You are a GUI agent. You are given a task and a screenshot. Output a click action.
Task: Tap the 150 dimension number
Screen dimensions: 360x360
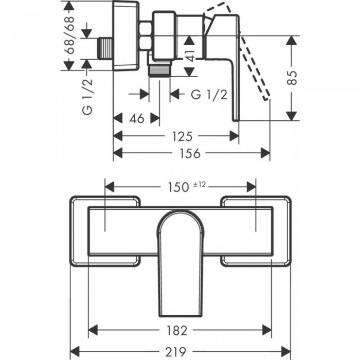coord(178,186)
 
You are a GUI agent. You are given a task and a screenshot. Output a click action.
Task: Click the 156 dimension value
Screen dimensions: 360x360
coord(191,153)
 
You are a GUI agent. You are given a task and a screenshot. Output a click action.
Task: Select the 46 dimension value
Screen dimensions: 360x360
coord(136,118)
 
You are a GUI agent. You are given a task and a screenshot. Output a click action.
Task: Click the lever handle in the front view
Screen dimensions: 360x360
coord(181,262)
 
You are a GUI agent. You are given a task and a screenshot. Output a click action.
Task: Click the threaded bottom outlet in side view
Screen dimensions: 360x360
coord(160,69)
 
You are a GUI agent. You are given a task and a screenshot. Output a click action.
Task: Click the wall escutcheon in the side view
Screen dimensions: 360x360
coord(127,36)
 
